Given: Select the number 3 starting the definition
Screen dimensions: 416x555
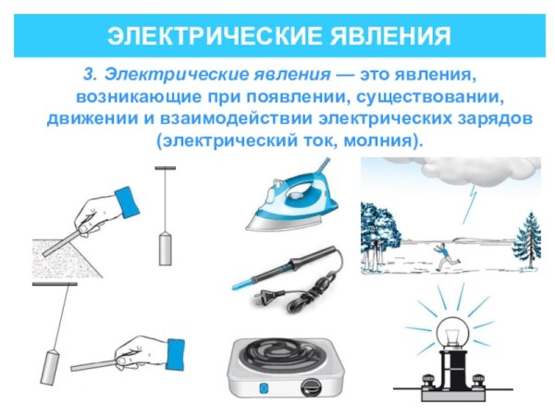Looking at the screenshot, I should point(89,72).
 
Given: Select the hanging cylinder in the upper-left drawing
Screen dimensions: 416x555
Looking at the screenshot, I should point(166,247).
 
